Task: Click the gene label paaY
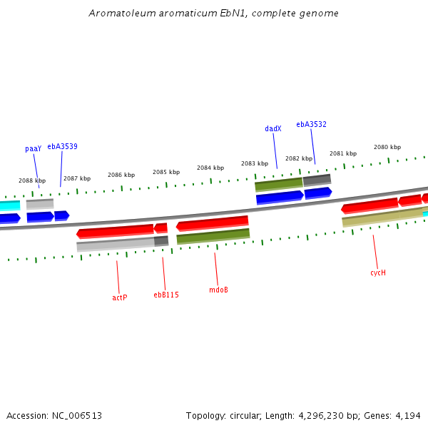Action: tap(34, 149)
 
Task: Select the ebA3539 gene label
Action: tap(63, 146)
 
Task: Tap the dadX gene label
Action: tap(273, 129)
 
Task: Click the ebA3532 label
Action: tap(312, 124)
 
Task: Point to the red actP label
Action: tap(120, 297)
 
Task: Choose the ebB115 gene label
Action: tap(166, 295)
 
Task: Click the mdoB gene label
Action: tap(219, 290)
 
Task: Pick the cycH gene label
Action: tap(378, 272)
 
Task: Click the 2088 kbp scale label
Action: tap(32, 181)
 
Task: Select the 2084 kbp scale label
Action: tap(210, 168)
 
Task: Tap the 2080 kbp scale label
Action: tap(387, 148)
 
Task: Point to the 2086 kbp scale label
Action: tap(121, 175)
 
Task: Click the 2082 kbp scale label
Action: tap(299, 159)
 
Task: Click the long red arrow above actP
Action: tap(116, 231)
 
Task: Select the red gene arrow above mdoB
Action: tap(213, 224)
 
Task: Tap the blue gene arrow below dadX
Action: tap(280, 197)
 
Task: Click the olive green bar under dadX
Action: tap(279, 184)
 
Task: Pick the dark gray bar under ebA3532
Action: tap(317, 180)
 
